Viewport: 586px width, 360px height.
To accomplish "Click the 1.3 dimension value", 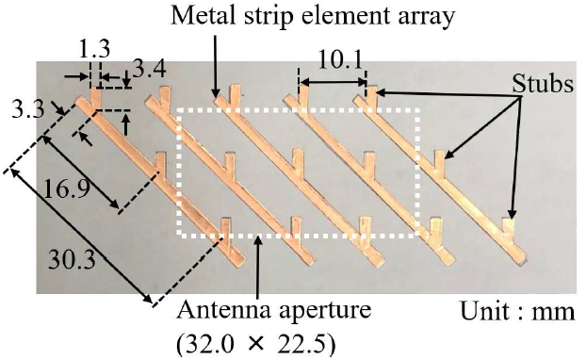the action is pos(95,49).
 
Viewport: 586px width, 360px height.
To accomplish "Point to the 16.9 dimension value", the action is pos(67,188).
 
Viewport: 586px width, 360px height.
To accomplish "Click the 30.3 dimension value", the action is pos(73,259).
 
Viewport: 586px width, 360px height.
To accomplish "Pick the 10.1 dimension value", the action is pos(340,59).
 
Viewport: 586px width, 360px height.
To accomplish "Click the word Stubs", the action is pos(543,84).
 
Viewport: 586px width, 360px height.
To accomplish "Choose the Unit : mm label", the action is pos(517,311).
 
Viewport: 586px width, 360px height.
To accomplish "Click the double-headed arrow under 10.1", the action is pos(333,81).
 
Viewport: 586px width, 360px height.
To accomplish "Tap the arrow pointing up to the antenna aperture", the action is pos(257,267).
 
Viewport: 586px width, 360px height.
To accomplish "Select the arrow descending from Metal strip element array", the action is pos(215,66).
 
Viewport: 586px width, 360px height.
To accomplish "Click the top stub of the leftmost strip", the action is pos(96,96).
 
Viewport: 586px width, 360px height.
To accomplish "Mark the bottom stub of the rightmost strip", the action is pos(508,228).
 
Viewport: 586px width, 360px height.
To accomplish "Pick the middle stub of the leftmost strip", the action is pos(160,162).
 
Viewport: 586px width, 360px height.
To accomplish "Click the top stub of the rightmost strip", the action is pos(371,95).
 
